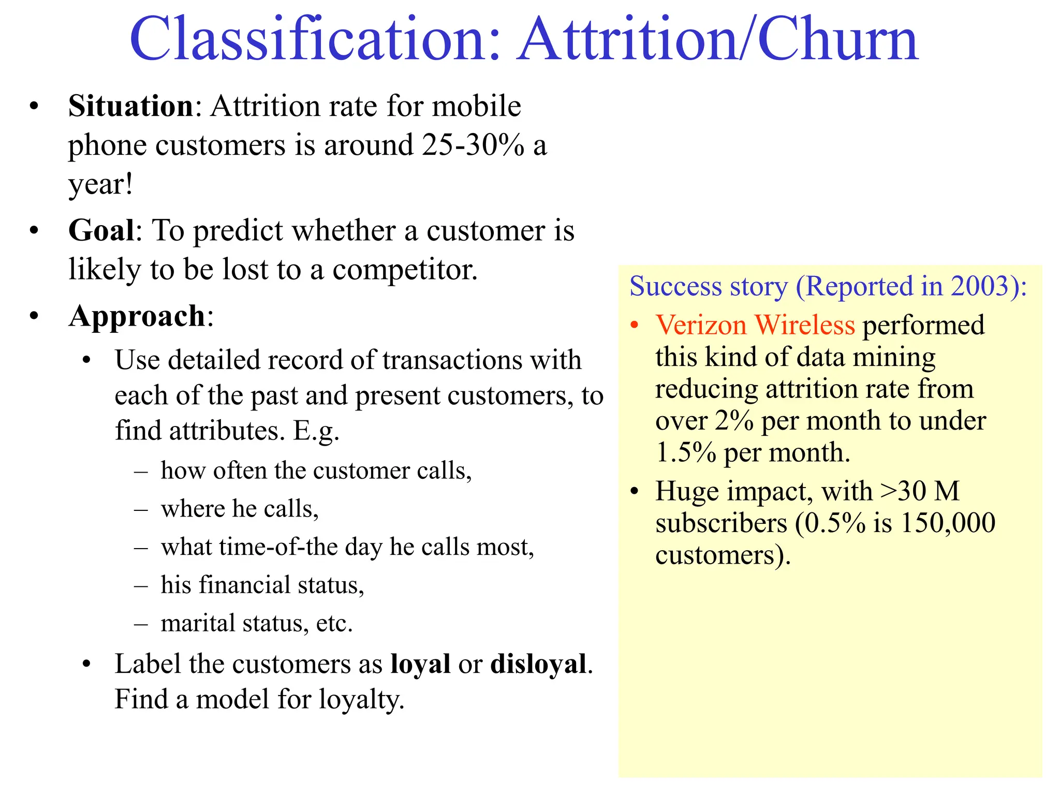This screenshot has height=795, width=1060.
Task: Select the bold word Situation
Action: coord(131,106)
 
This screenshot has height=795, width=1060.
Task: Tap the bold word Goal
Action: coord(101,230)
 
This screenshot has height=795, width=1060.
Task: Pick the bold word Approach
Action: coord(137,316)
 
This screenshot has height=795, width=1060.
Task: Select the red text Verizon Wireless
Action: coord(755,325)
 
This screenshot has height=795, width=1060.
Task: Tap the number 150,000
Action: coord(948,523)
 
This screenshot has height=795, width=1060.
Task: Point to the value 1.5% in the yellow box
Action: coord(686,452)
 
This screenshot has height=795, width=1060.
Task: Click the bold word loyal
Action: coord(420,664)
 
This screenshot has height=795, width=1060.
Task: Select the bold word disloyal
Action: coord(538,664)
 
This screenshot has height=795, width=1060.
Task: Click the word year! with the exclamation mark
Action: coord(101,184)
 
